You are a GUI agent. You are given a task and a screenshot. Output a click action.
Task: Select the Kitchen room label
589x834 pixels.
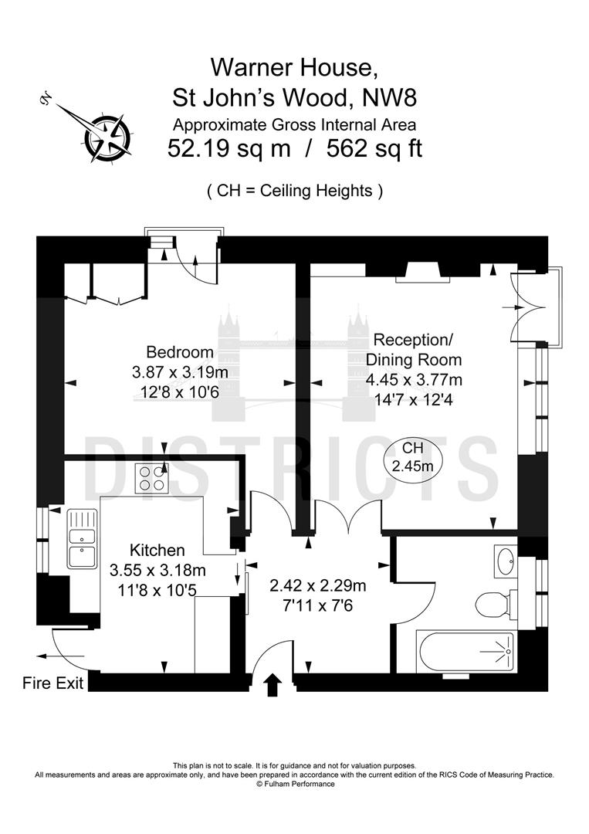point(157,551)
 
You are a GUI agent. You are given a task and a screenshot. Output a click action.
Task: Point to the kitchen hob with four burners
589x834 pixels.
point(152,478)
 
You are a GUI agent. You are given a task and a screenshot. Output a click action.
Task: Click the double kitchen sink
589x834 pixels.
point(82,538)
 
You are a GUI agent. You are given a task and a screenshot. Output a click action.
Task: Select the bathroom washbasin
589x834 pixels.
point(505,561)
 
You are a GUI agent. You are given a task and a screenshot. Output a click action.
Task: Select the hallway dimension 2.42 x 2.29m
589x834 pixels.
point(317,585)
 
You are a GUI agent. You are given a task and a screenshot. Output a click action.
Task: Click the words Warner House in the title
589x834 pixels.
point(295,68)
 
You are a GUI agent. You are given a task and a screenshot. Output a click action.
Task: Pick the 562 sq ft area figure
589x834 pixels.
point(374,148)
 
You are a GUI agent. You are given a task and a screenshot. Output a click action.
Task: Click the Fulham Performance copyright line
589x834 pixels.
point(295,784)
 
